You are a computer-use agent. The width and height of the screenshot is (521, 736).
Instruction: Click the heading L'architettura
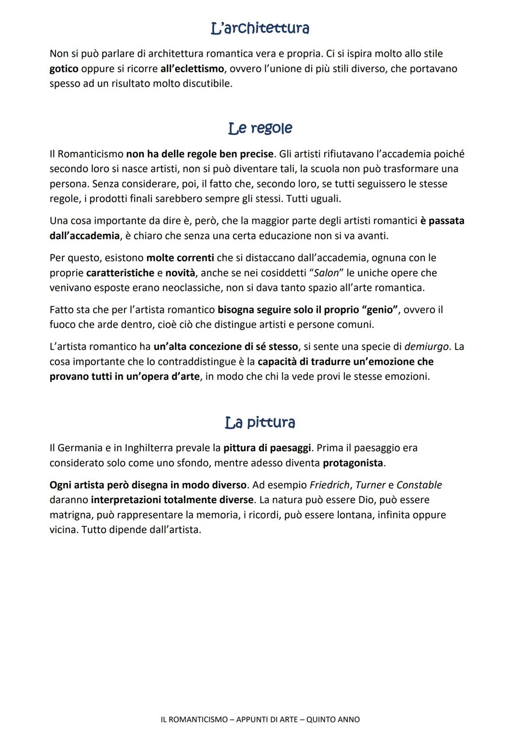260,28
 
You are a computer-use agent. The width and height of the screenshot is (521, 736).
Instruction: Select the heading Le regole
260,128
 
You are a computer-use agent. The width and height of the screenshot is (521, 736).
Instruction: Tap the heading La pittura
260,423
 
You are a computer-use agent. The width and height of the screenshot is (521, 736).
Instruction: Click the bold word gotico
64,69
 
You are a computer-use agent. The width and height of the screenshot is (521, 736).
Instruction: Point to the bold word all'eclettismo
192,69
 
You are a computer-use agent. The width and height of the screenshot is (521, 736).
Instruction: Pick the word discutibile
204,84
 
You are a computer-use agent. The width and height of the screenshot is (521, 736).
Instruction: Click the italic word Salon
326,273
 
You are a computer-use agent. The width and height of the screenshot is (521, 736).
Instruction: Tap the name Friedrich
329,485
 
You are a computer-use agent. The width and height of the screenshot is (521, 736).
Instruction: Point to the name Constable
419,485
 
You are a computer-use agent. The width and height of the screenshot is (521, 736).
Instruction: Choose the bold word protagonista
353,463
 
